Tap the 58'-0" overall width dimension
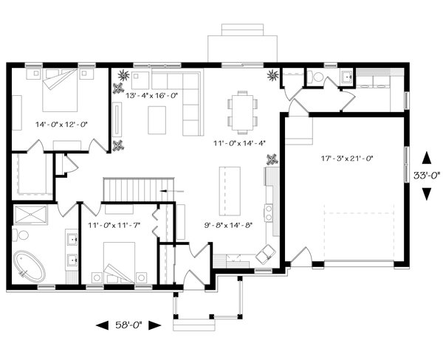128,325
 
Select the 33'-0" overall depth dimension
427,176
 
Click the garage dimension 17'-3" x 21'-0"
347,159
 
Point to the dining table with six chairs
242,112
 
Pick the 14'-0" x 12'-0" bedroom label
62,124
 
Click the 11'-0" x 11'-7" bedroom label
114,225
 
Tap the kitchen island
230,190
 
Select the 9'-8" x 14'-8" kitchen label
228,225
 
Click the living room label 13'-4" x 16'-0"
151,96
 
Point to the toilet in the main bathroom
21,235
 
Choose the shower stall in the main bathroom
30,215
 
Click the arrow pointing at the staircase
172,192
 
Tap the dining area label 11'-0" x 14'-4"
239,143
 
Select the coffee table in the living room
157,120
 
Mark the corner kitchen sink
266,253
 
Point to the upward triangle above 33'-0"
427,158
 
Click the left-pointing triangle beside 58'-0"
103,325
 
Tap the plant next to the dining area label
272,159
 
